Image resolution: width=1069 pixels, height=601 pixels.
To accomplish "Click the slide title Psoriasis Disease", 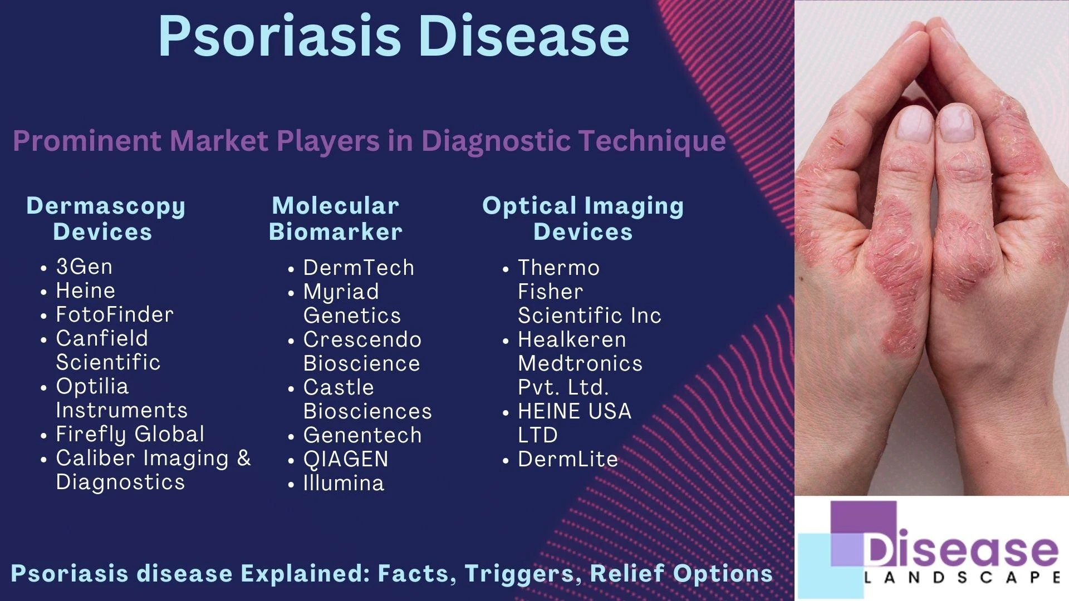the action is [394, 36].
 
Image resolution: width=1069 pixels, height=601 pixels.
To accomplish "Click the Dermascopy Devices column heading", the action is [106, 219].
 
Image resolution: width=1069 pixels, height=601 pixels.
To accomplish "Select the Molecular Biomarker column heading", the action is [335, 219].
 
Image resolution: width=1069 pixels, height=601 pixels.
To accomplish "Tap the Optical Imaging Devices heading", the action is [583, 219].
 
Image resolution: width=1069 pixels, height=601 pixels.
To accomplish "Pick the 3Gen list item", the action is [84, 267].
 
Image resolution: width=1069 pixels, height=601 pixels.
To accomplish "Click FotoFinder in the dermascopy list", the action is [115, 314].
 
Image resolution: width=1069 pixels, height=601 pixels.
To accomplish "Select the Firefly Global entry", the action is [130, 434].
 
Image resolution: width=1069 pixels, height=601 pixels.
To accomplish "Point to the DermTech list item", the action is [359, 268].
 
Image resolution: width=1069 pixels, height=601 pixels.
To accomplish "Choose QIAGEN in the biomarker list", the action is [346, 459].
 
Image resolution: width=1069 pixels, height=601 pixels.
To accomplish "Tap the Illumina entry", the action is [344, 483].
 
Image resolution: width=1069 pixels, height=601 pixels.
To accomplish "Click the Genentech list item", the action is [362, 435].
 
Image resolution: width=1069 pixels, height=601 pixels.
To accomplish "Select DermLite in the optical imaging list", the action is [568, 459].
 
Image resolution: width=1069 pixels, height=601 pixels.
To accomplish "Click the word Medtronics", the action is [580, 363].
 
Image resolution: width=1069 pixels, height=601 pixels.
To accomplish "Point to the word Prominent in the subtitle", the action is [87, 140].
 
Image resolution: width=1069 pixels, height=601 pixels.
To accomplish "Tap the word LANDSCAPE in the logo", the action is [962, 577].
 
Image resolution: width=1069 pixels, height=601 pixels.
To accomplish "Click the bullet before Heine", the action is [44, 292].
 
